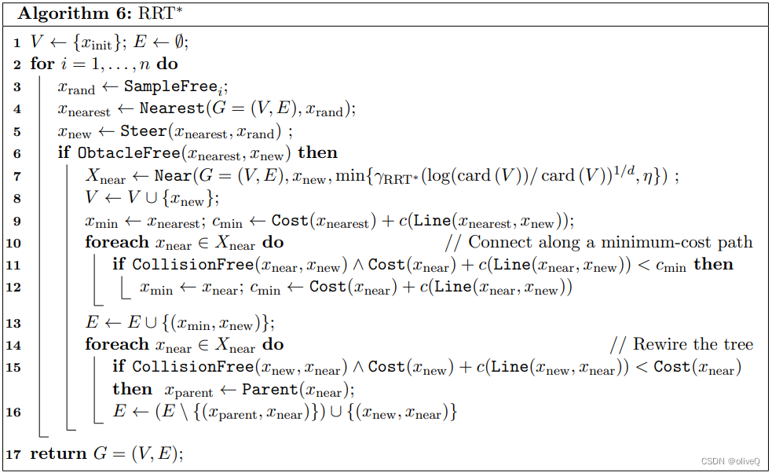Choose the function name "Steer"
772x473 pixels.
click(144, 131)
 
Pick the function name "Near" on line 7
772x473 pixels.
click(172, 176)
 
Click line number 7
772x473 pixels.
click(18, 176)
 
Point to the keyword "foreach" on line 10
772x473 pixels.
click(117, 242)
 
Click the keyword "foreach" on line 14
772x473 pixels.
click(117, 344)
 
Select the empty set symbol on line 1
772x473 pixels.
click(172, 42)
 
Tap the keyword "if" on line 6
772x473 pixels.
click(64, 153)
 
